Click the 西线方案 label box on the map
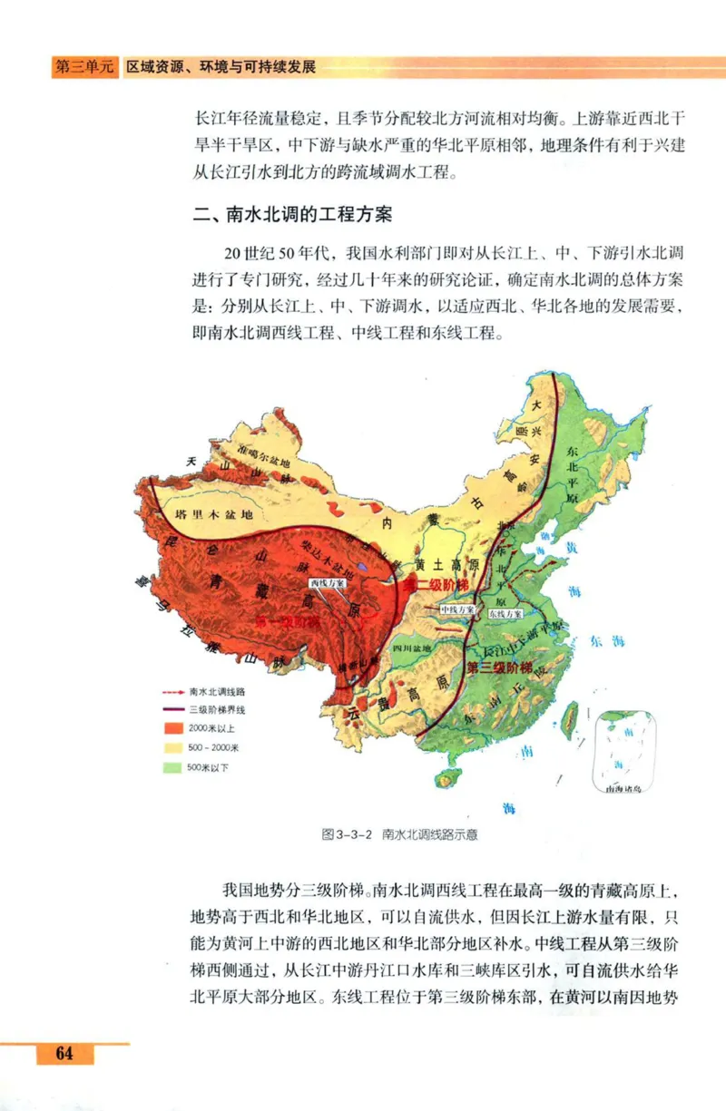click(x=327, y=582)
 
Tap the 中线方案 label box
click(x=458, y=610)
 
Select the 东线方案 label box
click(x=505, y=614)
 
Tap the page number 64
click(x=64, y=1053)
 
